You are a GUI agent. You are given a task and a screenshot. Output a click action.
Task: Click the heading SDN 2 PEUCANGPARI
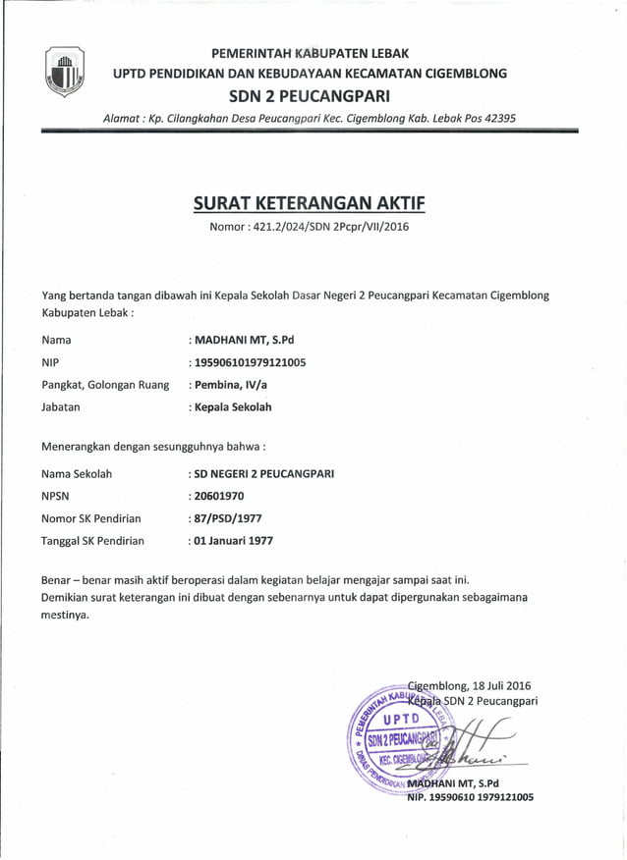point(309,96)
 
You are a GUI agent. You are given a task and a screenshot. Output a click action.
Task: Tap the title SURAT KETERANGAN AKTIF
point(310,205)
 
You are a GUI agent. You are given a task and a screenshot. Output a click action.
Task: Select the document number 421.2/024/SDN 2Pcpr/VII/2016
point(335,228)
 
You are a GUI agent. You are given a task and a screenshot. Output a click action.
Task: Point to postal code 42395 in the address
point(492,118)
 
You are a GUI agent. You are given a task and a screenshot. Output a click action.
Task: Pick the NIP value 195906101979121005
point(250,362)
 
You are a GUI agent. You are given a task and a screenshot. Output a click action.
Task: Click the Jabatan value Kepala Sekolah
point(233,406)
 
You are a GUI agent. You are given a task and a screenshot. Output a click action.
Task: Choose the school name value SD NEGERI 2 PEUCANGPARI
point(264,473)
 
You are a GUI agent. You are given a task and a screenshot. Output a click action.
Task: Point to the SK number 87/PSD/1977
point(228,518)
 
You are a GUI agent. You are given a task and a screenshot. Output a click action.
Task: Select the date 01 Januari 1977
point(234,541)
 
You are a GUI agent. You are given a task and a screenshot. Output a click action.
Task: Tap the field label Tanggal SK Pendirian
point(92,541)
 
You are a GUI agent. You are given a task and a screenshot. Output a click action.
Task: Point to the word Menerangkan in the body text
point(82,447)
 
